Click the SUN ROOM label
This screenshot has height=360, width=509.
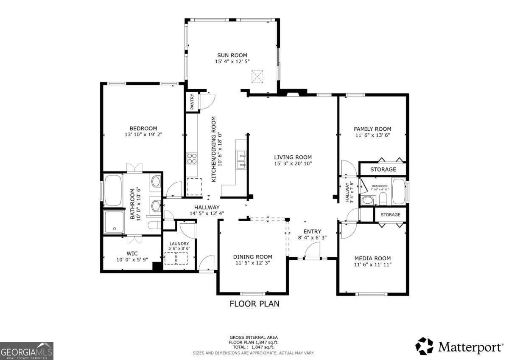[232, 55]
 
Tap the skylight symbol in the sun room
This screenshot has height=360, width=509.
[257, 76]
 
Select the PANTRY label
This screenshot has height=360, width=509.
[192, 102]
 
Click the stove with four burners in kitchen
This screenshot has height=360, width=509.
[191, 158]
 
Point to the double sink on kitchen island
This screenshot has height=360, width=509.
[241, 160]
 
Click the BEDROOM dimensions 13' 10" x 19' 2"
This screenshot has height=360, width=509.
[143, 135]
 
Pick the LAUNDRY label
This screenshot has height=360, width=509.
[179, 244]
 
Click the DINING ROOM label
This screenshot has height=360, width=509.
[252, 256]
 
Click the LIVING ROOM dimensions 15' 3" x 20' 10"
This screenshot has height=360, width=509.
[293, 163]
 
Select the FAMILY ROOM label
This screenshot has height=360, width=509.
[372, 129]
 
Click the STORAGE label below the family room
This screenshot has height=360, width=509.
[383, 169]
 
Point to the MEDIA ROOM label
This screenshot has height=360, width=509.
[372, 258]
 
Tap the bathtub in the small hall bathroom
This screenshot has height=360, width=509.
[398, 191]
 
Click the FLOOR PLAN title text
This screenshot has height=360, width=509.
[254, 304]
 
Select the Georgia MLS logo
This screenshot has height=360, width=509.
[27, 351]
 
